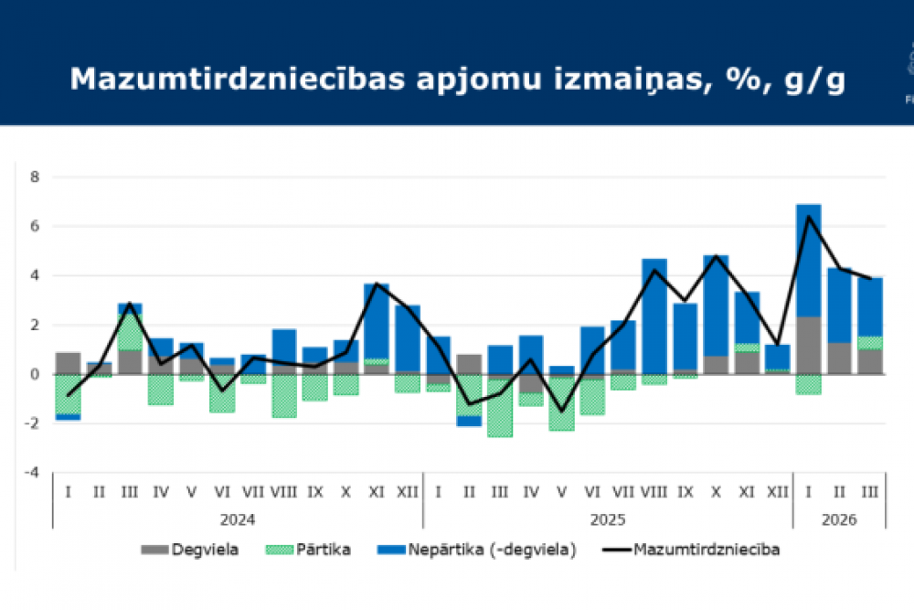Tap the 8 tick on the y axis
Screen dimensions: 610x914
[x=34, y=177]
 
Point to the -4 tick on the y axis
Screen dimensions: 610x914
[x=32, y=473]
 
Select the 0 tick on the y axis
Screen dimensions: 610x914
[x=34, y=374]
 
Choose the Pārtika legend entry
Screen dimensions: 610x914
[x=307, y=550]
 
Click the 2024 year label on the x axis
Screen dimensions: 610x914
[x=238, y=519]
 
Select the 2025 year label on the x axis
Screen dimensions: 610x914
[x=607, y=519]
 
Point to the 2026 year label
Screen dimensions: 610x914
[x=838, y=519]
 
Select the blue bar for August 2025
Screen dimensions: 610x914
[x=654, y=316]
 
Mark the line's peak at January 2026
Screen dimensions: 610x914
[x=808, y=216]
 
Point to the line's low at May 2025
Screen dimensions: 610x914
[x=561, y=412]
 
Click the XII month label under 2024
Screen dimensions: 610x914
[x=407, y=492]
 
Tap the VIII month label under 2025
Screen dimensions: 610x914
[x=654, y=492]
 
